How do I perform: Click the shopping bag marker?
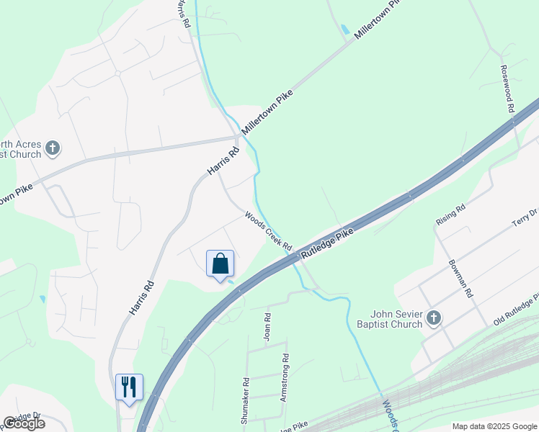220,264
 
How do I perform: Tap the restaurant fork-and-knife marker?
129,387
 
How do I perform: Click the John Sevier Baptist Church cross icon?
433,318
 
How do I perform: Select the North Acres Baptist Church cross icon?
52,148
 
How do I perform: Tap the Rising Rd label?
451,214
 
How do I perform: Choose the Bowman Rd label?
460,279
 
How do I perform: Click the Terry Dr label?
525,217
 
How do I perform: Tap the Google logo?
24,423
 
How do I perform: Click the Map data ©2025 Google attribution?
494,426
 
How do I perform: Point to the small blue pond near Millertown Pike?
344,30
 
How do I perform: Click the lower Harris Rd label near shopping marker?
142,296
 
